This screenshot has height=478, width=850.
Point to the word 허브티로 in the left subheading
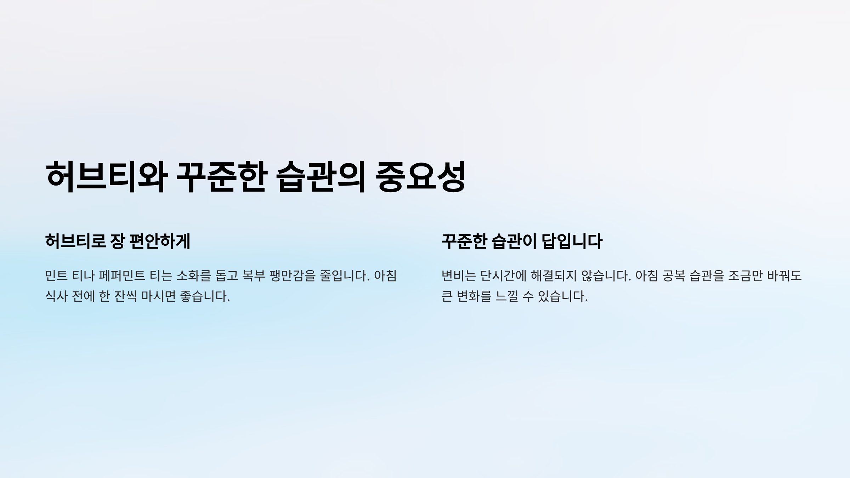tap(75, 241)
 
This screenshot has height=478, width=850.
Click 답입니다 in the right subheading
tap(572, 241)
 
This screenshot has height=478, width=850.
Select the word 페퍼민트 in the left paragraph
tap(122, 275)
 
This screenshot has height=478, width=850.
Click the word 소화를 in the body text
tap(193, 275)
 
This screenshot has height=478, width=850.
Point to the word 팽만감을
tap(292, 275)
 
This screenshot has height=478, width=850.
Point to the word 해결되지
tap(554, 275)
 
